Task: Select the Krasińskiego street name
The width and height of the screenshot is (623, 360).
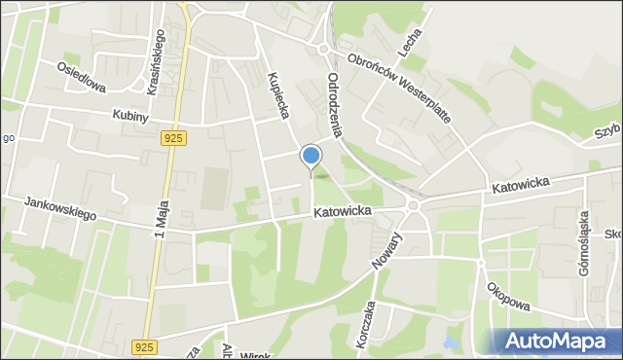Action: [155, 61]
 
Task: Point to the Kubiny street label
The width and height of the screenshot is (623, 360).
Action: [129, 116]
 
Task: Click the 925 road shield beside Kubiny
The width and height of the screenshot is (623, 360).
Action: [173, 139]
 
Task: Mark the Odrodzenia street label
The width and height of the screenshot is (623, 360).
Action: [337, 106]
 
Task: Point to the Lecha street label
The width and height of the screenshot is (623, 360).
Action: [409, 39]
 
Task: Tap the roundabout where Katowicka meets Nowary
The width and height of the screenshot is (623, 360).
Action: [414, 205]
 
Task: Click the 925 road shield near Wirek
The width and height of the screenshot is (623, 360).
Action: [144, 346]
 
